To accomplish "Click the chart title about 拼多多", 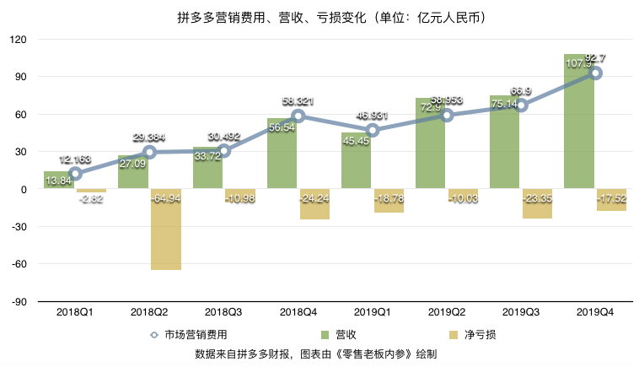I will [319, 17].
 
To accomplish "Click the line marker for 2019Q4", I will [596, 73].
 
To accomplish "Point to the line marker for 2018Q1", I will [75, 174].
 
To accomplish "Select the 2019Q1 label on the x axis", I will [373, 311].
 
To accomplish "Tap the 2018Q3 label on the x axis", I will [223, 311].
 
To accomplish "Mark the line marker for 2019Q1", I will [373, 131].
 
